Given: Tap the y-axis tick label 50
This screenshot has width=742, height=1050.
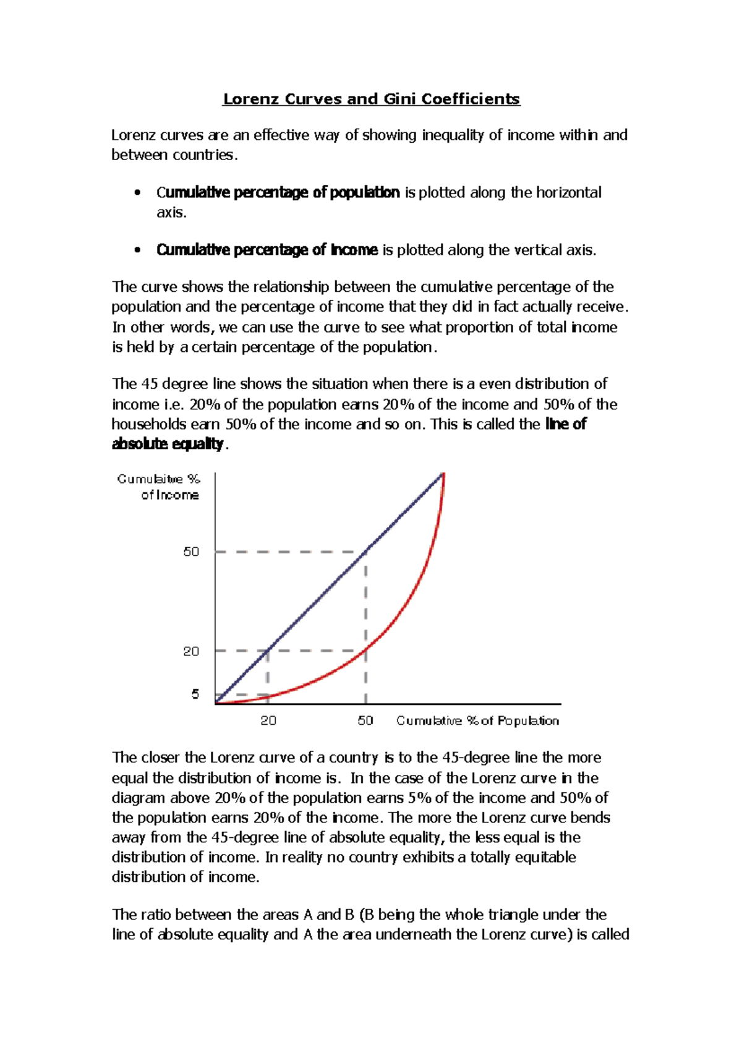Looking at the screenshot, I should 191,552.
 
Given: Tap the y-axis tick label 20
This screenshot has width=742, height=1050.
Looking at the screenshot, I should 191,651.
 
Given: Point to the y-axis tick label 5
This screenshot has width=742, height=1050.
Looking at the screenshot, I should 195,694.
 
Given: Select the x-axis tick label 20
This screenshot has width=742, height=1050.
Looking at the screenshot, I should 268,720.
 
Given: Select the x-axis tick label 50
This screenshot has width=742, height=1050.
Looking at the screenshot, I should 365,720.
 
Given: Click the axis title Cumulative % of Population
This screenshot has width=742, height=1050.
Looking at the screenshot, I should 477,720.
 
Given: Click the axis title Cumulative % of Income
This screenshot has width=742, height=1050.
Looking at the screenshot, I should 160,487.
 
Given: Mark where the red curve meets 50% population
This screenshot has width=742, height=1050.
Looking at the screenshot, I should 366,649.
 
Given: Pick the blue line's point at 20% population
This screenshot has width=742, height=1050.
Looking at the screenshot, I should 268,651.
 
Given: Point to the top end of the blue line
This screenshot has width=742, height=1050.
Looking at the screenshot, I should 443,474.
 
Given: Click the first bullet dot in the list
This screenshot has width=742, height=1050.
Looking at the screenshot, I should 137,193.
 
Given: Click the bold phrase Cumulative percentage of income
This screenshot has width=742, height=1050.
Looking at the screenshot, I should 267,250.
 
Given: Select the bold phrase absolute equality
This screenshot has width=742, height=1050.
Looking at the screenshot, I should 167,444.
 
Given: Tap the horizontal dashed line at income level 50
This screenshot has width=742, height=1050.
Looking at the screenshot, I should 291,552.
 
